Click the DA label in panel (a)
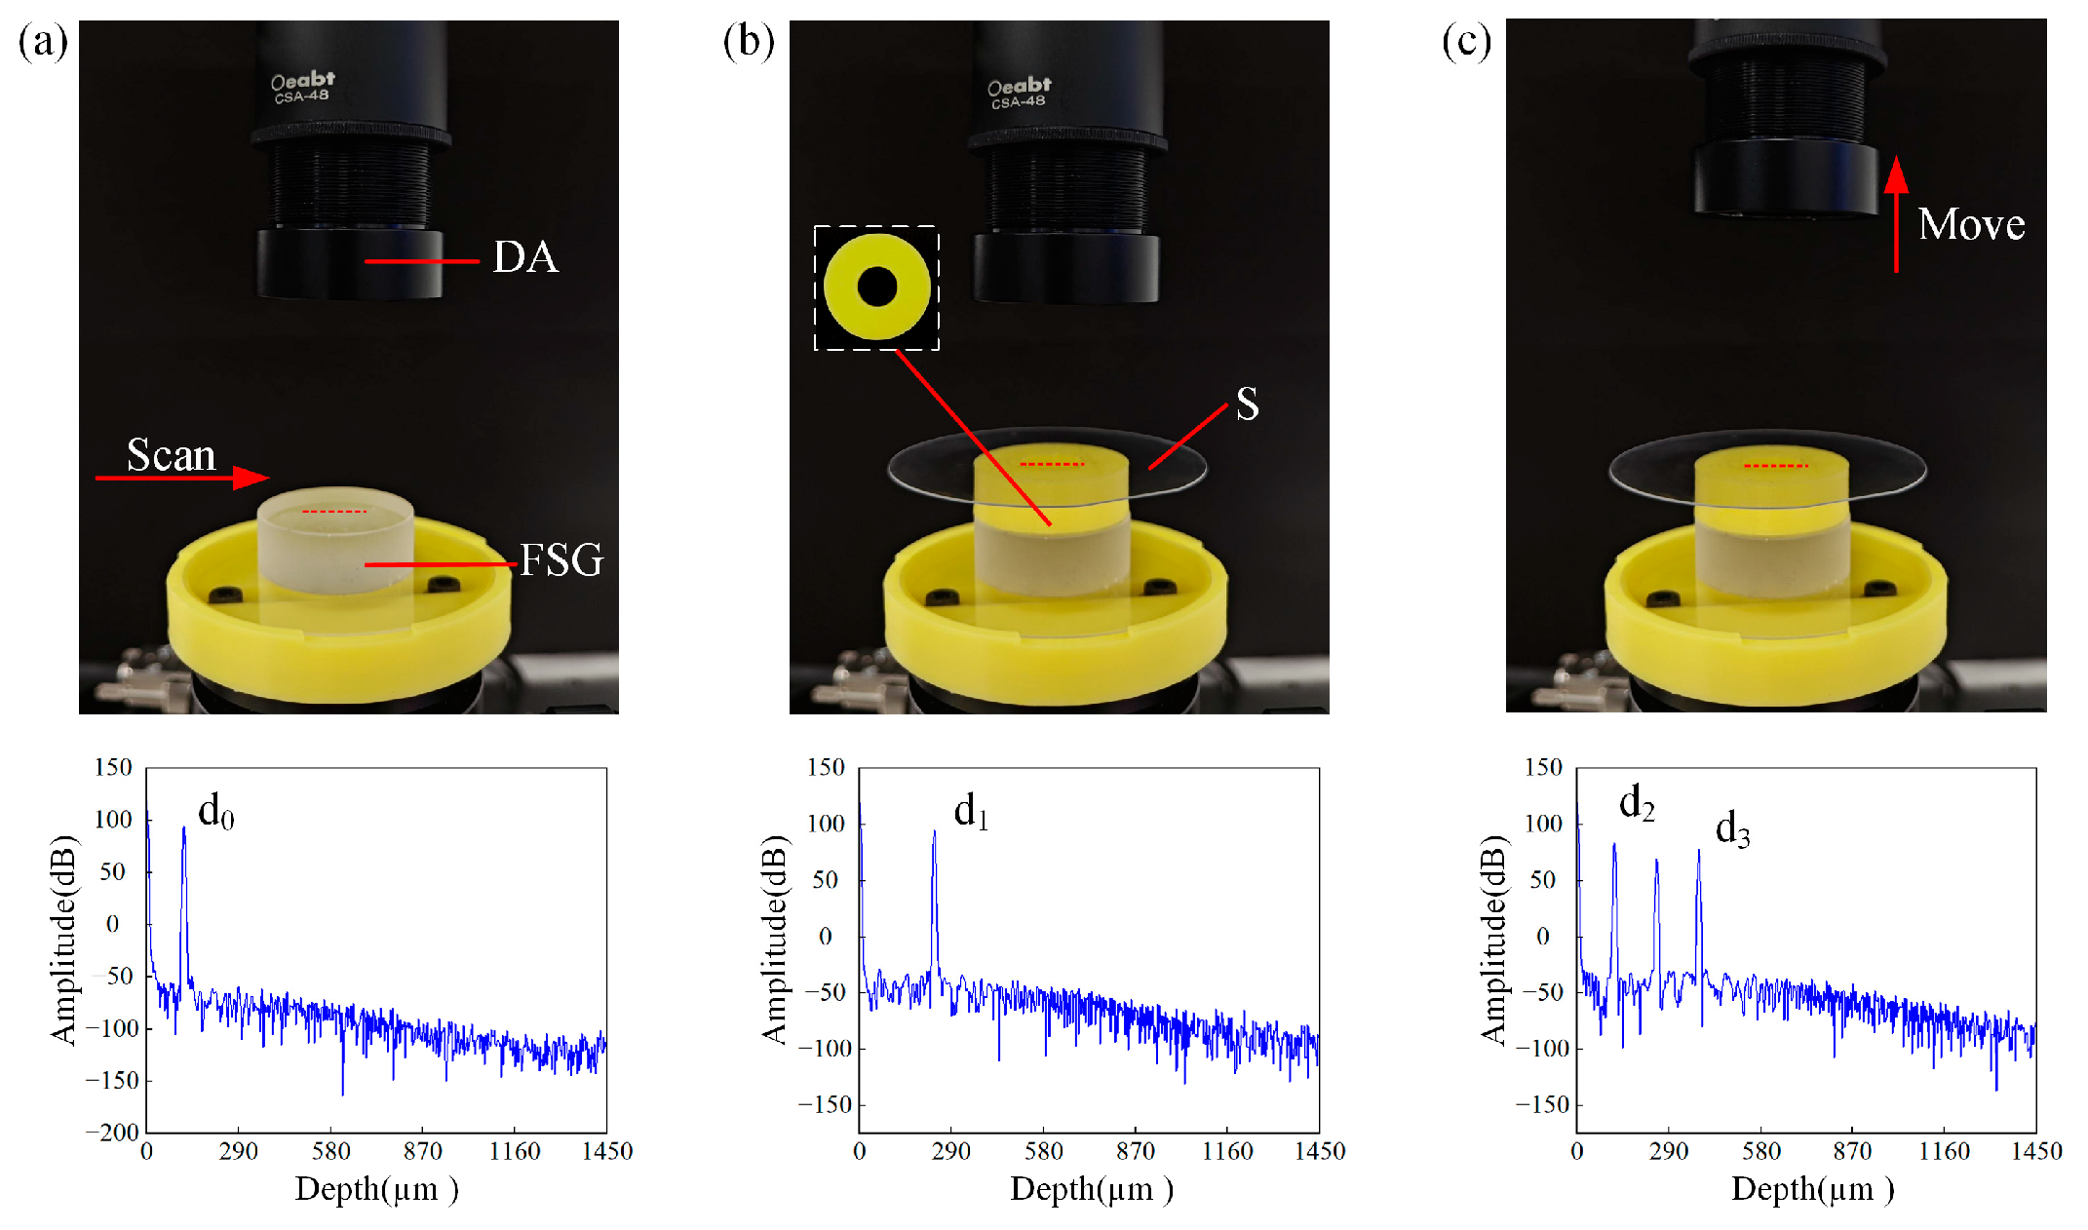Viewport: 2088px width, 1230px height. (525, 257)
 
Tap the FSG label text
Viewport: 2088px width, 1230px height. (561, 560)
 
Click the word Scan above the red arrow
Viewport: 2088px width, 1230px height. (171, 455)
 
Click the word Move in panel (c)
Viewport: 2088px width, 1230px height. (1971, 224)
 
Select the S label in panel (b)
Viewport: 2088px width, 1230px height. (1247, 404)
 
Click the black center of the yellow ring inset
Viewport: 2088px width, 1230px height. (876, 288)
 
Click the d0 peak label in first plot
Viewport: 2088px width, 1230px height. (215, 811)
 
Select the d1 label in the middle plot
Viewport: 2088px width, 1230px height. (971, 811)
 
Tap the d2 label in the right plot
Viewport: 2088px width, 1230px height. (1637, 803)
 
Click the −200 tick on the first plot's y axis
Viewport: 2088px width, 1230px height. (112, 1133)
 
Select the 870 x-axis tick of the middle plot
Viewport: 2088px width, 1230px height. (1135, 1151)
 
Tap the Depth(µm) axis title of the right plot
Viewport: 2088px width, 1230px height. (1812, 1189)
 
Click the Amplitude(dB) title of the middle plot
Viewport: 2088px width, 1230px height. (774, 940)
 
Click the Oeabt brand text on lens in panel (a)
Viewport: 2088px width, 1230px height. (302, 80)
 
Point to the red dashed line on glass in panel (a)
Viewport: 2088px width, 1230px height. (334, 511)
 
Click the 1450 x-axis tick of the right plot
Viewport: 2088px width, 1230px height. (2036, 1151)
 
